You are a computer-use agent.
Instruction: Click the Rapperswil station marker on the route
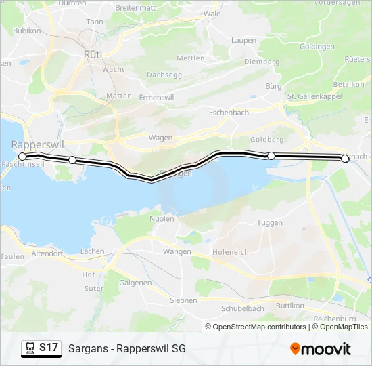click(22, 156)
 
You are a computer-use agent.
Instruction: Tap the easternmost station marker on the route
click(345, 159)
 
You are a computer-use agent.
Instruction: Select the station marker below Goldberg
click(271, 156)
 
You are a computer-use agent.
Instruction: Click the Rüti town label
click(93, 53)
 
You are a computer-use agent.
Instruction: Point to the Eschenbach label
click(229, 113)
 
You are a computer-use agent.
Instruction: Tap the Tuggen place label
click(270, 222)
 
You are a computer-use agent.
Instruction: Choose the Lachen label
click(92, 251)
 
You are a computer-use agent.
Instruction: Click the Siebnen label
click(183, 300)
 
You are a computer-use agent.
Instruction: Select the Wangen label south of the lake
click(177, 251)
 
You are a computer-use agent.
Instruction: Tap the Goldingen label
click(317, 47)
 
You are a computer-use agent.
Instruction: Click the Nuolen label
click(162, 218)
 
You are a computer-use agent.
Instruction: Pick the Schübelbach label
click(242, 308)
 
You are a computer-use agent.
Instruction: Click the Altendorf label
click(47, 253)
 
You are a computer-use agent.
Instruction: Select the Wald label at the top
click(212, 14)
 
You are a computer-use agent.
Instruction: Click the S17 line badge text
click(49, 348)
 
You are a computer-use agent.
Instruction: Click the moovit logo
click(321, 349)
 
